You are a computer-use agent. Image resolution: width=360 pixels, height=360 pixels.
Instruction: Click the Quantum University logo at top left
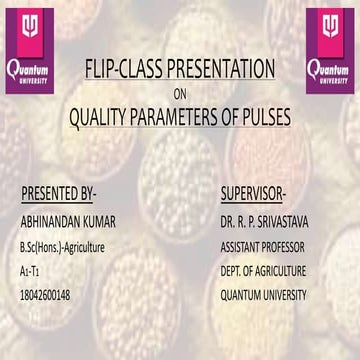30,48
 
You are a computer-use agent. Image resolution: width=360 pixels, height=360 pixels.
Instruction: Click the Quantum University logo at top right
330,48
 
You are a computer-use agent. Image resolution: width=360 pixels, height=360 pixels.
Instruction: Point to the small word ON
180,95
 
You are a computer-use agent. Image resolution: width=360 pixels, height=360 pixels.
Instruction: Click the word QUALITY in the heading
100,118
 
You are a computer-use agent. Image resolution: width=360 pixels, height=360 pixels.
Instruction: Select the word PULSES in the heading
264,118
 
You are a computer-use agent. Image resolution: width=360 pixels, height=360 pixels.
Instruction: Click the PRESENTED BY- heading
64,192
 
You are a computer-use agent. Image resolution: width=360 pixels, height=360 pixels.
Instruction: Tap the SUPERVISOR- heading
254,192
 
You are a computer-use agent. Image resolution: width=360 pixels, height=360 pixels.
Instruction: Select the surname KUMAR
111,220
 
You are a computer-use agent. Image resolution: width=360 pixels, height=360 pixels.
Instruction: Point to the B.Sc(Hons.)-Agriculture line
62,246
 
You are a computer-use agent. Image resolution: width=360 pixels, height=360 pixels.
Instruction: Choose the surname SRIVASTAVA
295,220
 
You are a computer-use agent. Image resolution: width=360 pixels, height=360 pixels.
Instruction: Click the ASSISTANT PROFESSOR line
263,246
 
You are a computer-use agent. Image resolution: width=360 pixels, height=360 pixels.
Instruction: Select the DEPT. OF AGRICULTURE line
263,271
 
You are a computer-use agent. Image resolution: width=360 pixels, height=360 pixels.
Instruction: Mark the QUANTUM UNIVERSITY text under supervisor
263,295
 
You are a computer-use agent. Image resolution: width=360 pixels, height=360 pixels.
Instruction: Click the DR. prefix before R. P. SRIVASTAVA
229,220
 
